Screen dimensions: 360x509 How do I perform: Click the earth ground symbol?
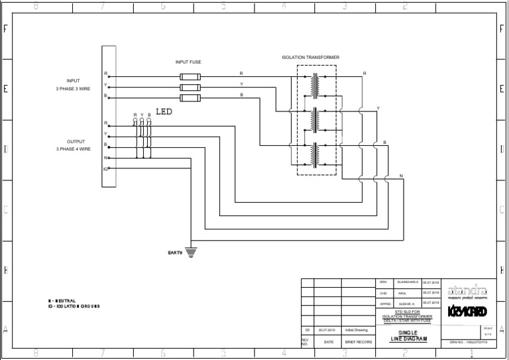(x=192, y=252)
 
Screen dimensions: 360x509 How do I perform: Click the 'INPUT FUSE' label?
(x=188, y=62)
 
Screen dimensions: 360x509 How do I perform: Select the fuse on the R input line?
(x=190, y=76)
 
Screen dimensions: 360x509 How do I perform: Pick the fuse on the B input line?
(x=190, y=99)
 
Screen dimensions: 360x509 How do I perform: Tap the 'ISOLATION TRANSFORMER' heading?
(x=310, y=58)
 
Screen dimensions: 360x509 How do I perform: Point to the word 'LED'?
(x=164, y=112)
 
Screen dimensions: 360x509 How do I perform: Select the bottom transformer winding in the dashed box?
(x=315, y=154)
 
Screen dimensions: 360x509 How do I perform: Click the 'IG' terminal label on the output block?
(x=105, y=169)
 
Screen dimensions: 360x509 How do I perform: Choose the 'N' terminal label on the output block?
(x=105, y=158)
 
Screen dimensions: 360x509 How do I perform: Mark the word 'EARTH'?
(x=175, y=252)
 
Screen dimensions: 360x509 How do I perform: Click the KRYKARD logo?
(x=467, y=311)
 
